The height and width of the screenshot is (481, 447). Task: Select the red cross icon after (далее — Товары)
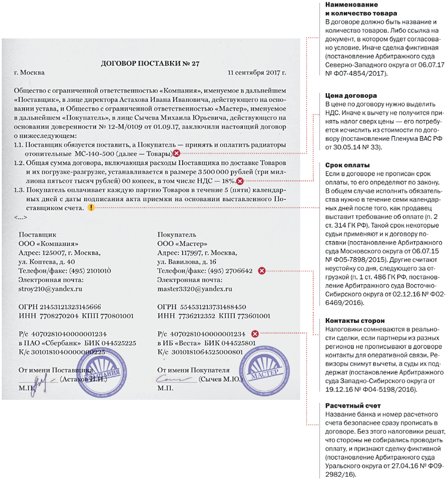[176, 154]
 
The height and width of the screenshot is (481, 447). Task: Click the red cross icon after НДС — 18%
[239, 181]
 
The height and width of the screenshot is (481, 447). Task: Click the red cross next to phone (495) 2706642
[261, 271]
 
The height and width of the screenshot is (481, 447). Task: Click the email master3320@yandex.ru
[194, 289]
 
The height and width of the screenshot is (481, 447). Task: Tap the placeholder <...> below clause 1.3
[20, 218]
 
